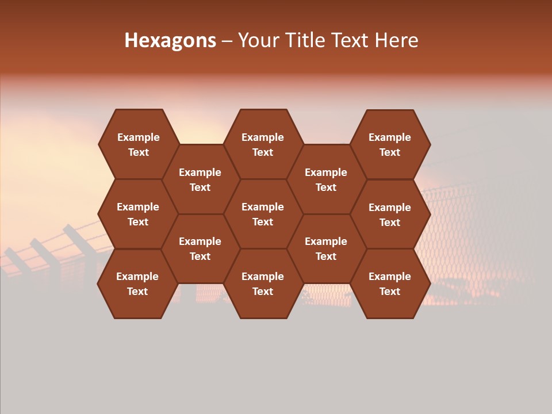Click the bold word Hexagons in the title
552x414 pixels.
point(170,40)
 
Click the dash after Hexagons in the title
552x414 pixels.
point(227,40)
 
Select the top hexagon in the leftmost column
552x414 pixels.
point(138,144)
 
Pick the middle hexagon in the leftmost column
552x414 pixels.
point(138,214)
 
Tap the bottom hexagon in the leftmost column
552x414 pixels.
point(137,283)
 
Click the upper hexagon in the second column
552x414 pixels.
point(200,179)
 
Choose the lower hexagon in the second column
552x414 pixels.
point(200,248)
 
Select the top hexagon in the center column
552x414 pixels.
point(263,144)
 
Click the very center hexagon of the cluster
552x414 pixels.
point(263,214)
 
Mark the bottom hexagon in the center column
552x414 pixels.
point(263,283)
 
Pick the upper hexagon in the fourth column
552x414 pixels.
point(326,179)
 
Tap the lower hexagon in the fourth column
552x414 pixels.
point(326,248)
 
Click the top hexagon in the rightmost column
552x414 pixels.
point(390,144)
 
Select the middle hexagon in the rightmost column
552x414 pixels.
point(390,214)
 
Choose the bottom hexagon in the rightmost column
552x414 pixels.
point(390,283)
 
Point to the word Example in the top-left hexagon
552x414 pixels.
point(138,137)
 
